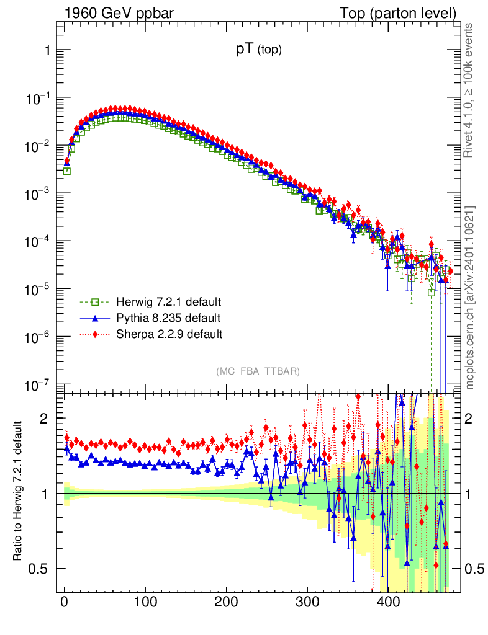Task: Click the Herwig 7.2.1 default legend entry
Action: point(168,303)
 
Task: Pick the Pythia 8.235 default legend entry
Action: point(168,318)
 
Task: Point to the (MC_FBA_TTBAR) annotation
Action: point(258,371)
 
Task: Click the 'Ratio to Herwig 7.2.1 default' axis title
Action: point(18,491)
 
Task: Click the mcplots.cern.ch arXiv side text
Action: point(470,298)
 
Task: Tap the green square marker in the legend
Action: point(95,303)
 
